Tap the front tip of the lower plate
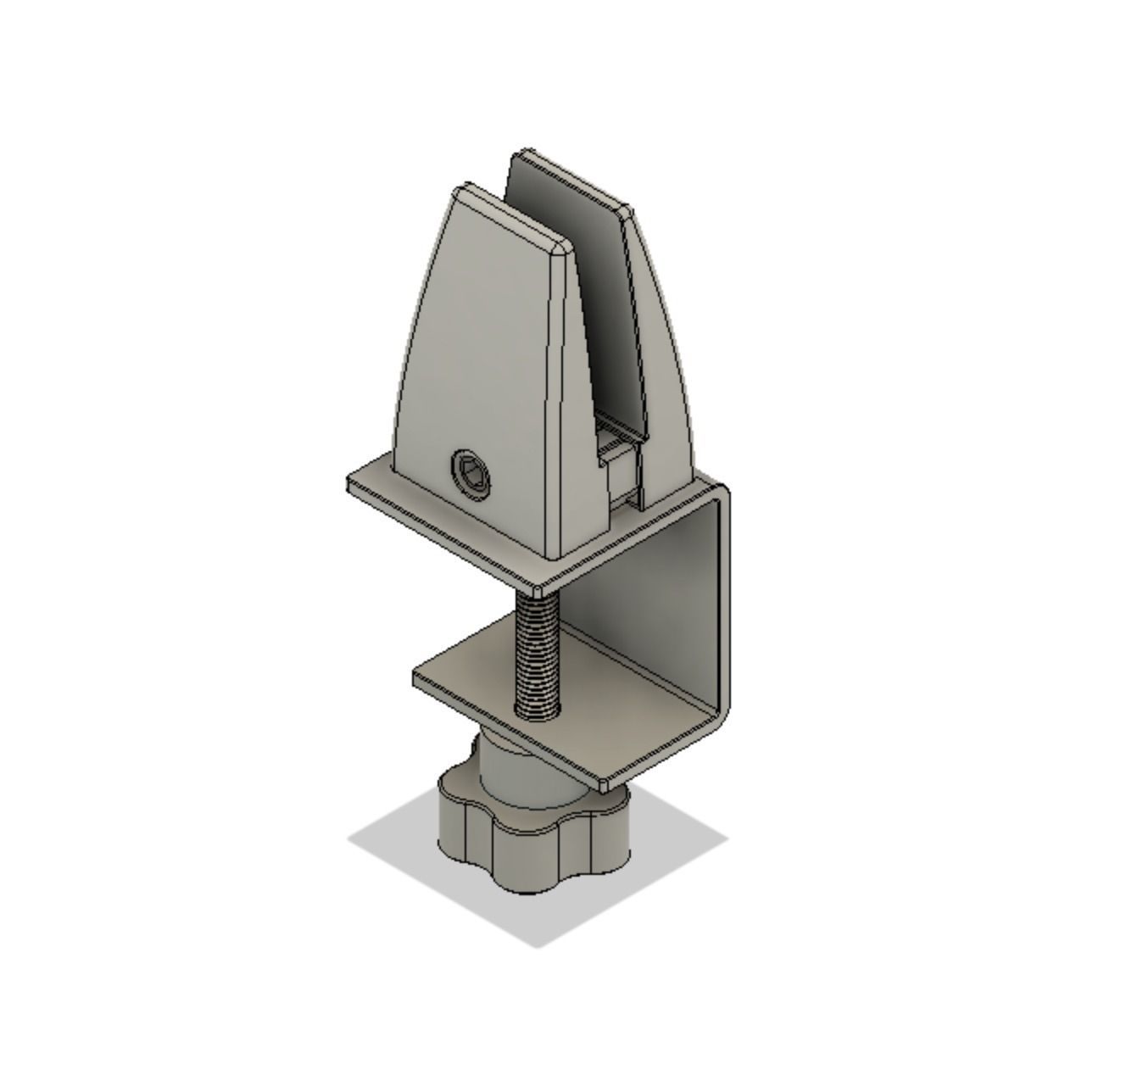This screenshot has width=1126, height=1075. pos(605,784)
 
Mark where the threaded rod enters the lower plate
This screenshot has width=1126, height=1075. pos(537,715)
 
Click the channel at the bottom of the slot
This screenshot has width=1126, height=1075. pos(617,449)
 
